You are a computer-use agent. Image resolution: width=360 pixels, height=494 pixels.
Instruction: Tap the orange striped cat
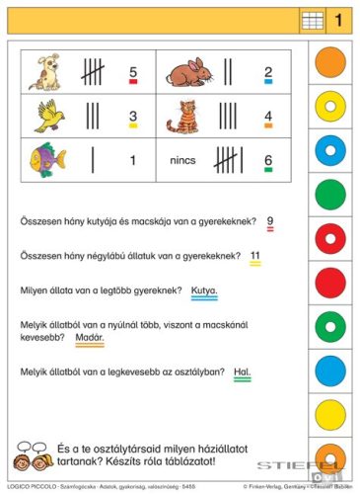pos(182,116)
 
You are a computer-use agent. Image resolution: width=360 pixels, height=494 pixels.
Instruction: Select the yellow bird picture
pos(50,116)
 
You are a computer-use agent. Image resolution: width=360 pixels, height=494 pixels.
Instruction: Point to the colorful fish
pos(46,158)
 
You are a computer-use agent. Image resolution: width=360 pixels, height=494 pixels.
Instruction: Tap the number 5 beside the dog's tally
pos(132,71)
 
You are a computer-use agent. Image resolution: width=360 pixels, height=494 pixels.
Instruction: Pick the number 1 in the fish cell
pos(132,158)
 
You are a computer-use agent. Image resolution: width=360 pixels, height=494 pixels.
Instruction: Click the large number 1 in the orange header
pos(336,19)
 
